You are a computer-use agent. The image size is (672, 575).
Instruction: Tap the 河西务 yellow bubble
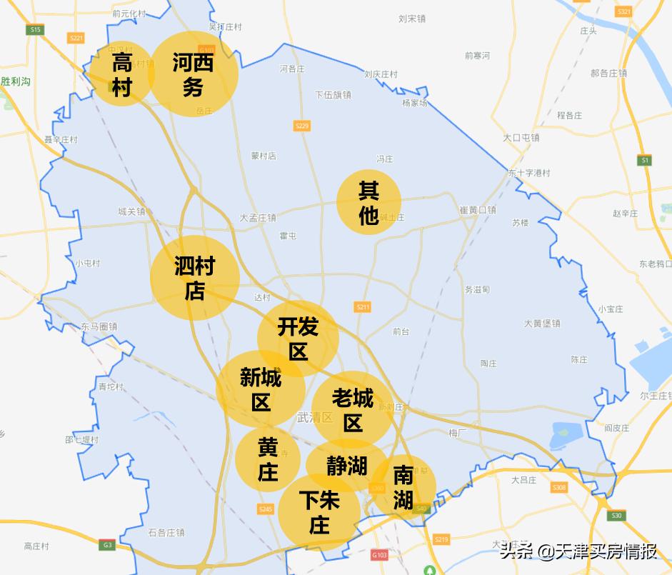(193, 74)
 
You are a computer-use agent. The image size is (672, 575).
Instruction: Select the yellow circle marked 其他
(368, 202)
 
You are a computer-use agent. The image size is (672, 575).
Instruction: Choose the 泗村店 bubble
(194, 278)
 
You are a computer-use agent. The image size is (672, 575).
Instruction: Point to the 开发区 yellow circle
(298, 339)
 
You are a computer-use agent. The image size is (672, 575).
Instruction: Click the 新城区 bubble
(261, 389)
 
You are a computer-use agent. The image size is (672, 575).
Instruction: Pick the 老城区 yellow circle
(353, 409)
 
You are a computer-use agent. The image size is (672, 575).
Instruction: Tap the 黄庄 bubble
(268, 459)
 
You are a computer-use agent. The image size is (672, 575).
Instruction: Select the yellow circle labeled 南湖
(403, 487)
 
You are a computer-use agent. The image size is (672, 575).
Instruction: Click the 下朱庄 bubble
(319, 511)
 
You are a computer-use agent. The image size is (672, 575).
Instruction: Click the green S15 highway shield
(35, 29)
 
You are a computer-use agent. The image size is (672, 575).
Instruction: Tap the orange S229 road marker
(302, 126)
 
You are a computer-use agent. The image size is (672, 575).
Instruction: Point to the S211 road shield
(363, 307)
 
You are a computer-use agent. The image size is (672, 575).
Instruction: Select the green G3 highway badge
(107, 545)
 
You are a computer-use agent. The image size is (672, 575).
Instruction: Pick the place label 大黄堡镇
(542, 323)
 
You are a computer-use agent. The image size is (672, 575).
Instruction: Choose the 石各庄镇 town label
(166, 532)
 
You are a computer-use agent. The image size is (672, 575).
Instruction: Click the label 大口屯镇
(521, 137)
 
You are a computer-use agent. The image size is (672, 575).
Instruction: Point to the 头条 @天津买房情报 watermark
(578, 551)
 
